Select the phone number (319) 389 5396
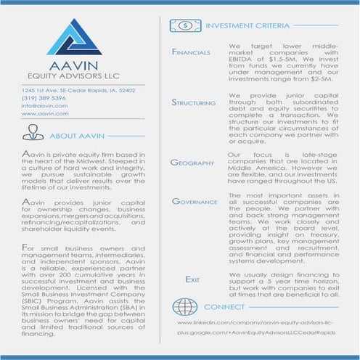44,97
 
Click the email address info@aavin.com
45,105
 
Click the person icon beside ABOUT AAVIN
33,133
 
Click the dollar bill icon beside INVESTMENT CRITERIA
184,25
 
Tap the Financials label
191,52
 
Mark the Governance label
195,201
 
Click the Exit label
192,279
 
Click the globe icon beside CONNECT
185,306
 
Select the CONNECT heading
225,307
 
